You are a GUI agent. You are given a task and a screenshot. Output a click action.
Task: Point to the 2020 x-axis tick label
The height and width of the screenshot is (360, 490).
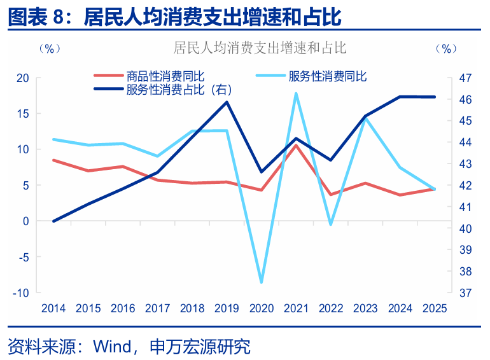tap(261, 308)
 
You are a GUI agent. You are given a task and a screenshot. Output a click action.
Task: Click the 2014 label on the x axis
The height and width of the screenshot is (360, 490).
tap(53, 308)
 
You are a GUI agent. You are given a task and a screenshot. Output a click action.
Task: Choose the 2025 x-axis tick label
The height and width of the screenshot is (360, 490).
tap(435, 308)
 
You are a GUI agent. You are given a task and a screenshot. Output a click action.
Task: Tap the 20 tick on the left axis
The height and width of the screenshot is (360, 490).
tap(23, 78)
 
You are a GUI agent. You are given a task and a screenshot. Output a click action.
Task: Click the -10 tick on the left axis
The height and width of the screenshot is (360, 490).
tap(22, 293)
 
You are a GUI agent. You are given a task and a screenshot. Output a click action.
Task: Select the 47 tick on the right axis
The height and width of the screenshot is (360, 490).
tap(465, 78)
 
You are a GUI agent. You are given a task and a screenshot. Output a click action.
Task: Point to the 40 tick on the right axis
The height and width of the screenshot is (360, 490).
tap(465, 228)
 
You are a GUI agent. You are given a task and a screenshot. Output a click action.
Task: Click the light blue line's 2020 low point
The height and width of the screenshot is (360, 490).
tap(262, 282)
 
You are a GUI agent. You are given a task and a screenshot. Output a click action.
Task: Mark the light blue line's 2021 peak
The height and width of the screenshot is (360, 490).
tap(296, 93)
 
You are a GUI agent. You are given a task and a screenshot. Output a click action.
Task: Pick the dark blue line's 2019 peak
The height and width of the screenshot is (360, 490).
tap(227, 102)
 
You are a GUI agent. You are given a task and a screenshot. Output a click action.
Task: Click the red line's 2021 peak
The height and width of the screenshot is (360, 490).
tap(296, 145)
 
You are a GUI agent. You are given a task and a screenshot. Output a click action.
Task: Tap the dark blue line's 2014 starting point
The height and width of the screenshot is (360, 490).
tap(53, 221)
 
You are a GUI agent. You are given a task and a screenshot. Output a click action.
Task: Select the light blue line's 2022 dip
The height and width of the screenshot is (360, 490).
tap(330, 225)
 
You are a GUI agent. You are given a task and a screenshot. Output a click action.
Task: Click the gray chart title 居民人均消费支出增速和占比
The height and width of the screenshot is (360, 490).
tap(259, 48)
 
